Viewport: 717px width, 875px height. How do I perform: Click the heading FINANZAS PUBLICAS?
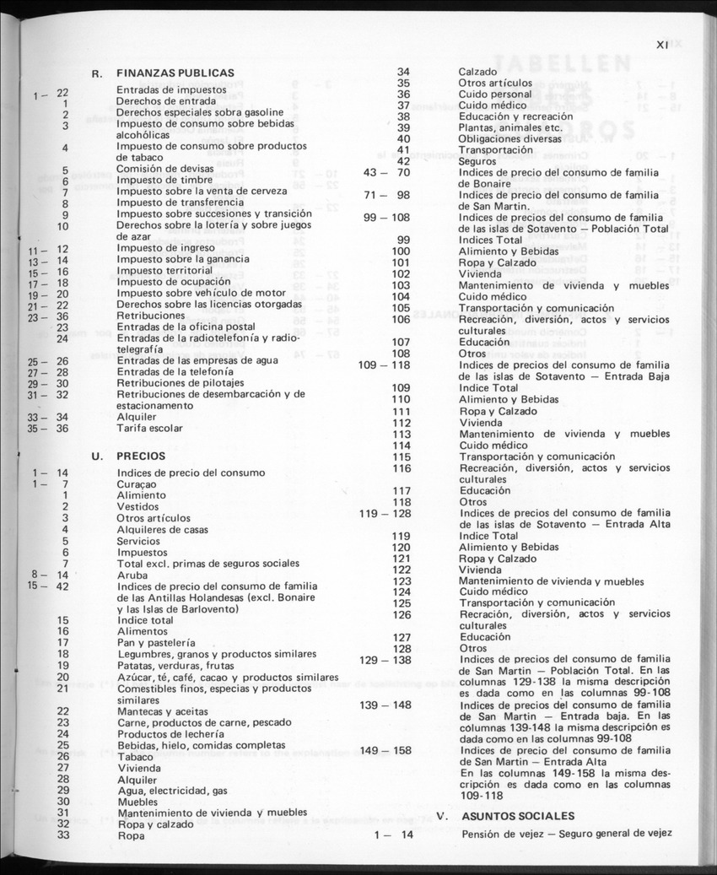[175, 73]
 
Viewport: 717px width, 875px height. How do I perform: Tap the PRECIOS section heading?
[141, 456]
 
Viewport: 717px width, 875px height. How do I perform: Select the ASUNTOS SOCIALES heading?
[518, 816]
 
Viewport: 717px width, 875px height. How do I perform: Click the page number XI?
[662, 46]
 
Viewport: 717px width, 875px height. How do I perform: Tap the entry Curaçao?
[136, 484]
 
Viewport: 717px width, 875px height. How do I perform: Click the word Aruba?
[132, 575]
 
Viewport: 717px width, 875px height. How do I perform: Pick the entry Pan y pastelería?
[157, 642]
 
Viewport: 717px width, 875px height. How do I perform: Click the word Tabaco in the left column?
[135, 756]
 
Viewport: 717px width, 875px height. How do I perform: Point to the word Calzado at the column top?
[477, 72]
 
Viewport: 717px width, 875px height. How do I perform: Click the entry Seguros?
[477, 160]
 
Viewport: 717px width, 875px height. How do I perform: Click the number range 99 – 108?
[386, 218]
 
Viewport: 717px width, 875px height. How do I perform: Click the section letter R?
[97, 73]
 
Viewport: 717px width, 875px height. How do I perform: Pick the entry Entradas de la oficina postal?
[186, 327]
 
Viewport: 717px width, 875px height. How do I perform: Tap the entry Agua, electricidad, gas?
[172, 791]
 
